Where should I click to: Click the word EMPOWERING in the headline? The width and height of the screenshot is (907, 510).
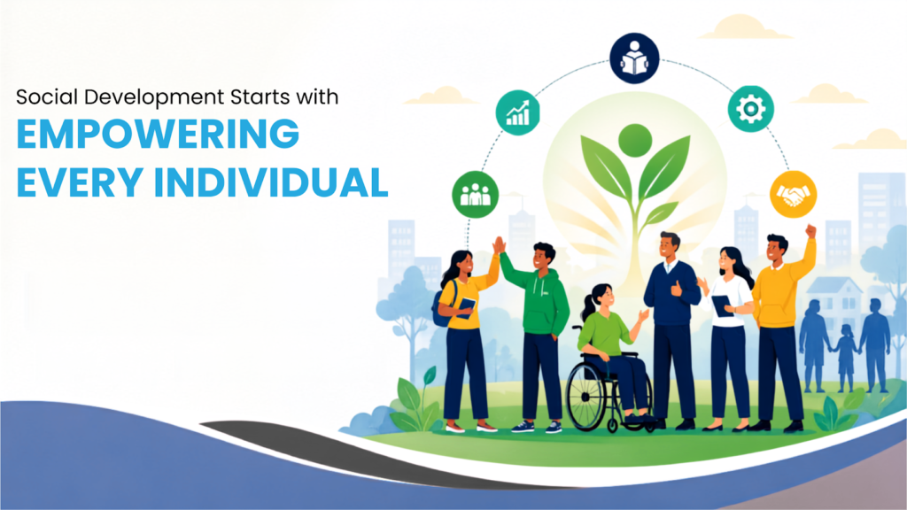point(158,134)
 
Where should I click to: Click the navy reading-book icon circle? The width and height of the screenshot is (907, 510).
point(634,58)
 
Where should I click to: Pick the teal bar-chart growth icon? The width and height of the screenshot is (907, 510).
point(517,112)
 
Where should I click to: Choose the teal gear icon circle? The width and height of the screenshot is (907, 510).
point(751,109)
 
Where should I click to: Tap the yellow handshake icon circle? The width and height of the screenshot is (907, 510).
point(793,194)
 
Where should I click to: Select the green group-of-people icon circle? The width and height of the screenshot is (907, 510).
point(475,194)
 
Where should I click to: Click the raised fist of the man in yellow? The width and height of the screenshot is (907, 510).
point(810,231)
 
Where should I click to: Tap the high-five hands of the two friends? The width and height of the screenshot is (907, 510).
point(499,245)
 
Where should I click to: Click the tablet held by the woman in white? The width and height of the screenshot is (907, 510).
point(721,305)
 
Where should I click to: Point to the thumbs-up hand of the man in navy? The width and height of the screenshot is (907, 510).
point(676,289)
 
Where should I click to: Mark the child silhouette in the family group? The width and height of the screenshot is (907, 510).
point(846,357)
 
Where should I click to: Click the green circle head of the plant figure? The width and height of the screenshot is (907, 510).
point(635,141)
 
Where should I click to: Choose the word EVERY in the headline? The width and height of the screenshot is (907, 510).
point(79,182)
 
